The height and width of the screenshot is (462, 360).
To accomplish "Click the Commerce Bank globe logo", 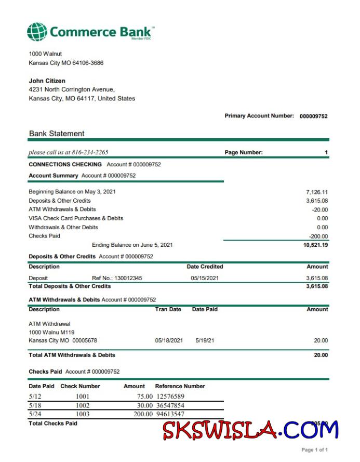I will [37, 32].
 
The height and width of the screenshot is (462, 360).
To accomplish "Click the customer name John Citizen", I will [47, 81].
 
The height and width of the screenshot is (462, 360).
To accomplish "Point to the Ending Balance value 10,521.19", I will [315, 245].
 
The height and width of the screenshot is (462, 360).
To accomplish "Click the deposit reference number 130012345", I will [125, 278].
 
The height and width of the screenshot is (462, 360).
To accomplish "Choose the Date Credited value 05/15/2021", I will [205, 278].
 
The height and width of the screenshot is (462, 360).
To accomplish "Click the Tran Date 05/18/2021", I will [169, 340].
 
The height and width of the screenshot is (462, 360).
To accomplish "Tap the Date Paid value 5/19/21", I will [205, 340].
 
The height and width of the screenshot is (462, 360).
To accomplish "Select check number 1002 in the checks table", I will [83, 405].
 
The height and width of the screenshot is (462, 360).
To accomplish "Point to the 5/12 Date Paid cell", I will [34, 397].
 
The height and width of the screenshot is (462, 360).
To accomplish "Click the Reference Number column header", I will [180, 386].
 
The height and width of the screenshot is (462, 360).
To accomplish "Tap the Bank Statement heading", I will [57, 134].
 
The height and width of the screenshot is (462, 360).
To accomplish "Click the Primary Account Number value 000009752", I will [313, 116].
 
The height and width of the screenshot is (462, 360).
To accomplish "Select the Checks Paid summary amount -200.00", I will [318, 236].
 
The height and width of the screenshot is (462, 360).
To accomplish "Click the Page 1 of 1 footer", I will [314, 450].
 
